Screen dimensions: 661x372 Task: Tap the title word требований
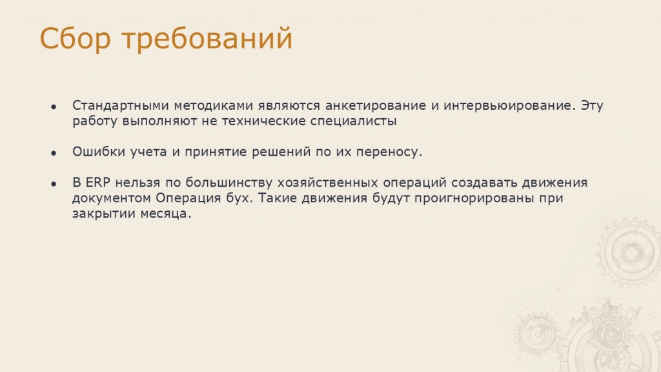pyautogui.click(x=207, y=38)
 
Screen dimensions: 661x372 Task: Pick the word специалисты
pyautogui.click(x=353, y=121)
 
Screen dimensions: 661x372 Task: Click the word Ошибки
pyautogui.click(x=99, y=151)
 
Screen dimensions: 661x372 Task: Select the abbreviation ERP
pyautogui.click(x=98, y=183)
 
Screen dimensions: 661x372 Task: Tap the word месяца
pyautogui.click(x=166, y=213)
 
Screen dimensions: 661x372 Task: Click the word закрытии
pyautogui.click(x=104, y=213)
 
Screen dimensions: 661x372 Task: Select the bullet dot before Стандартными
pyautogui.click(x=54, y=107)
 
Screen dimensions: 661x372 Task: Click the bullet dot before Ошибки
pyautogui.click(x=54, y=153)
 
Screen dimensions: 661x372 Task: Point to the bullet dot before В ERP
pyautogui.click(x=54, y=184)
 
